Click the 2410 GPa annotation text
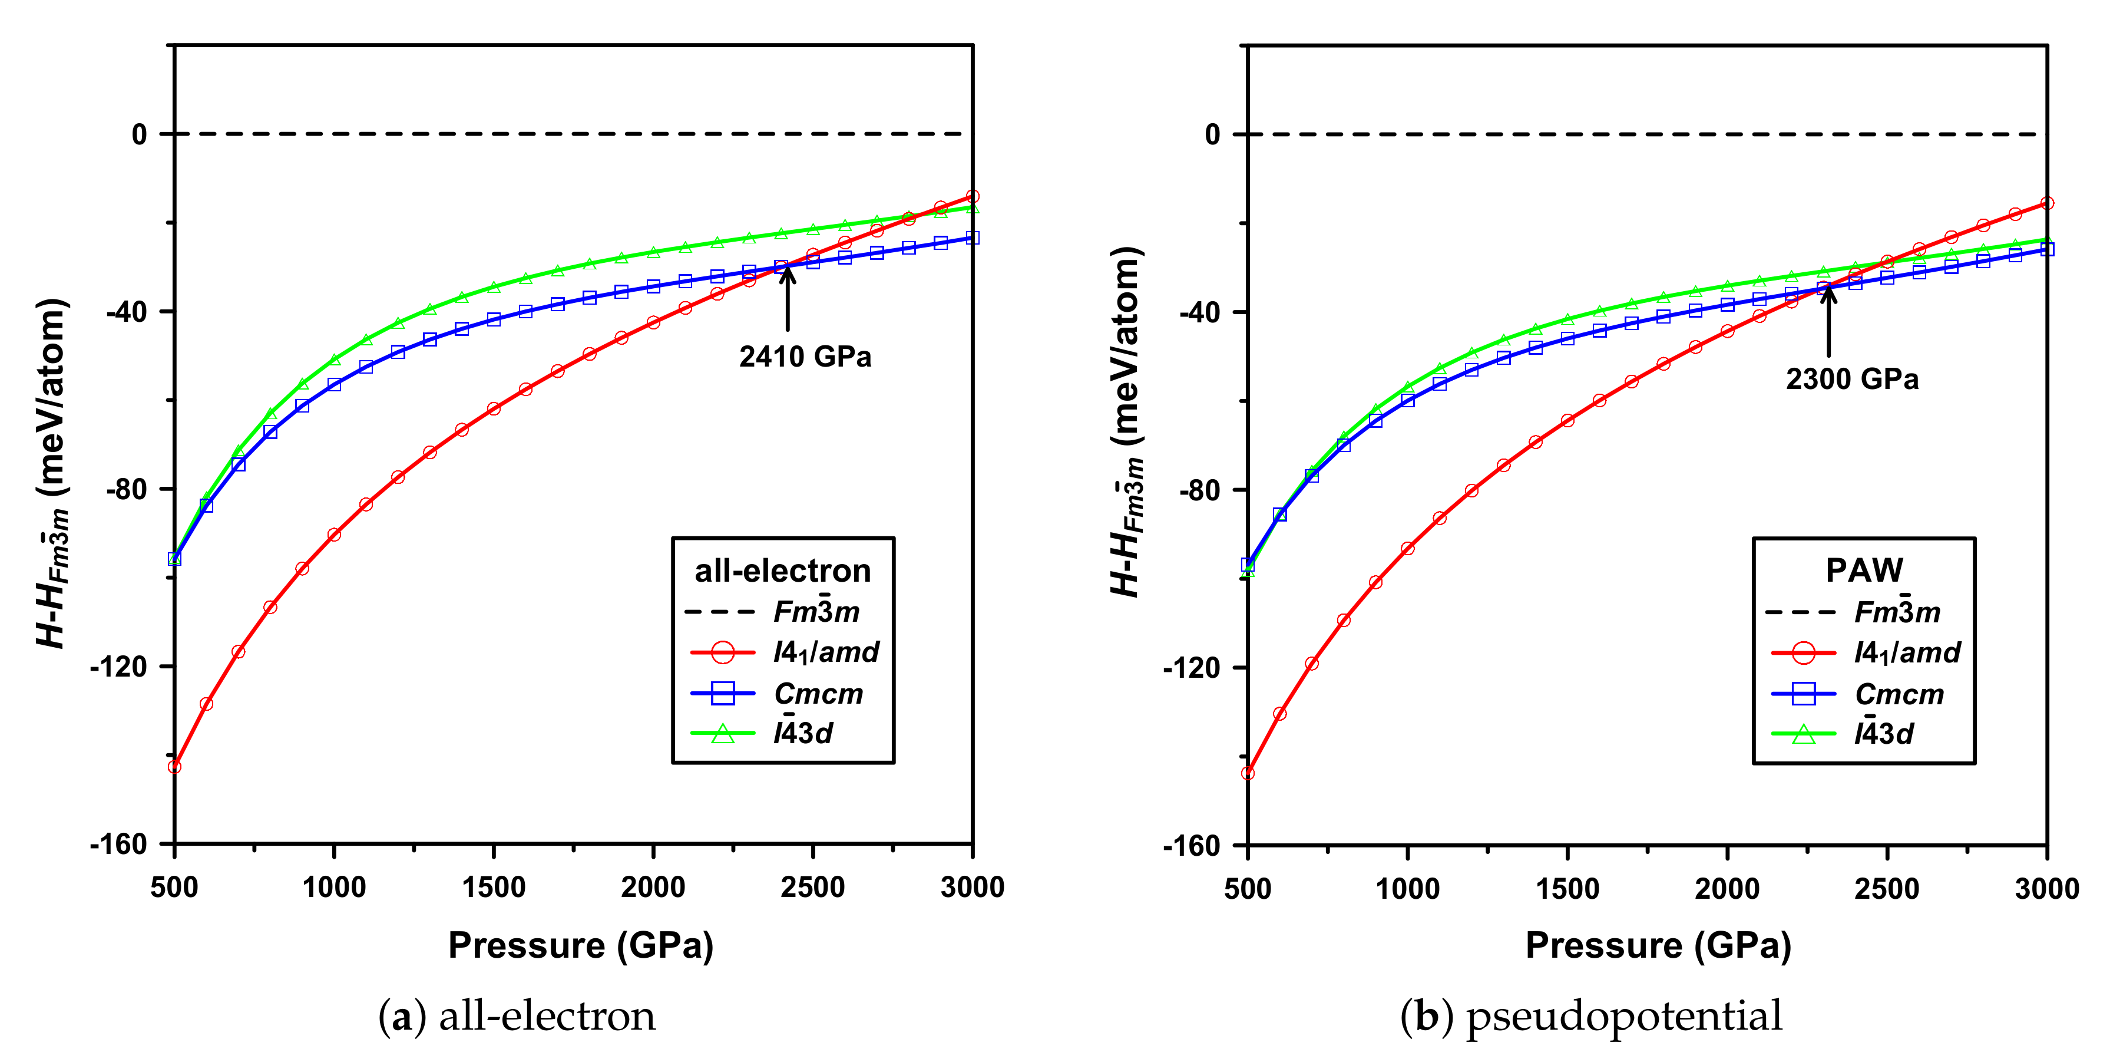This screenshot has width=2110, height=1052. click(805, 357)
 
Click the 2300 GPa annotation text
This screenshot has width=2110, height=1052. click(1852, 380)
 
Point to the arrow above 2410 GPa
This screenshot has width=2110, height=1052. click(787, 299)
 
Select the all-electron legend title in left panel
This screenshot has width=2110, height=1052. click(782, 571)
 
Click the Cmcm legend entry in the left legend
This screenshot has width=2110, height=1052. click(818, 694)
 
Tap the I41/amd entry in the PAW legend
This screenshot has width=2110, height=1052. click(1907, 653)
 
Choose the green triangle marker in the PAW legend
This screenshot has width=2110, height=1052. click(1803, 734)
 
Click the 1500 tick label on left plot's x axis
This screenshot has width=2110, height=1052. click(493, 888)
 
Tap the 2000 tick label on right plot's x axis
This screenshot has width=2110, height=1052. click(1727, 889)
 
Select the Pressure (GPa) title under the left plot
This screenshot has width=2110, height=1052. click(581, 945)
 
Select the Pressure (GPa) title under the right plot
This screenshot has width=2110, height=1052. click(1658, 945)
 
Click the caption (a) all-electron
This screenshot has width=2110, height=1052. click(517, 1016)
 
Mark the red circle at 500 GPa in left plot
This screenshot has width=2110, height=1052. click(174, 767)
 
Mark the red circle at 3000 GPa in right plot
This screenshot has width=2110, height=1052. click(2047, 203)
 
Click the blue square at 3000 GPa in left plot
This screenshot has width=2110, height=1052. click(973, 238)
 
